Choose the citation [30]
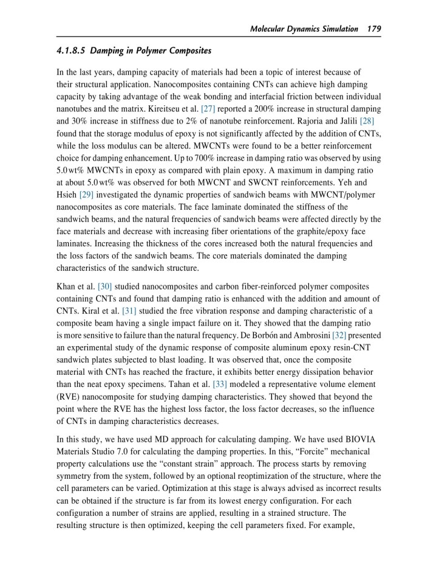[x=105, y=286]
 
